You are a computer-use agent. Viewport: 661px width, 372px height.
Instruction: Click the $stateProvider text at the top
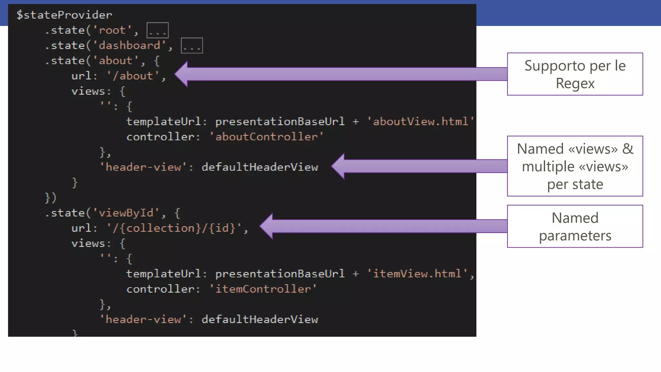pyautogui.click(x=64, y=15)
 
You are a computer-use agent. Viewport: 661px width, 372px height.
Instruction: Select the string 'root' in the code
pyautogui.click(x=112, y=30)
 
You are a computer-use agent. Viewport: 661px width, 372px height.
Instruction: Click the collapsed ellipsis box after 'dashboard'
pyautogui.click(x=192, y=46)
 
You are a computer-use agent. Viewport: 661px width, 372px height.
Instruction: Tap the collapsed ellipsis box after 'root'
pyautogui.click(x=158, y=30)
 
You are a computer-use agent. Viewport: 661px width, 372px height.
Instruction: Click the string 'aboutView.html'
pyautogui.click(x=420, y=121)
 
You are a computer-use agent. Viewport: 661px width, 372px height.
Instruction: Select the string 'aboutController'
pyautogui.click(x=266, y=137)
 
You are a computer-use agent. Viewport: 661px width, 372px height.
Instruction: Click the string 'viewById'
pyautogui.click(x=126, y=213)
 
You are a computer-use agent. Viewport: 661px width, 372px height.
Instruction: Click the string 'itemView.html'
pyautogui.click(x=417, y=274)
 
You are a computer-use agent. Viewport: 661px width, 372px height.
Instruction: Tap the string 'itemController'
pyautogui.click(x=263, y=289)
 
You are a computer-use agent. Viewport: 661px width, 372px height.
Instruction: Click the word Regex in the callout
pyautogui.click(x=575, y=83)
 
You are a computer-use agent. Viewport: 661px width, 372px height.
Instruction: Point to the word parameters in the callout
pyautogui.click(x=575, y=236)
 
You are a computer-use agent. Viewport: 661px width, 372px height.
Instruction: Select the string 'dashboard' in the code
pyautogui.click(x=129, y=46)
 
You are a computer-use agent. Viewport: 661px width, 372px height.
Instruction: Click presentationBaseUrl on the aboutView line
pyautogui.click(x=280, y=121)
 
